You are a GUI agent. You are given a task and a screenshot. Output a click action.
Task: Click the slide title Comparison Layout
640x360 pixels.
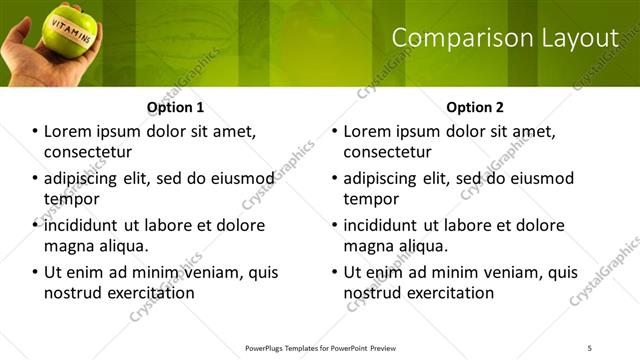pos(504,39)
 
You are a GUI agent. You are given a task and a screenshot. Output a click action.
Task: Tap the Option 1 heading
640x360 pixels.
pos(175,107)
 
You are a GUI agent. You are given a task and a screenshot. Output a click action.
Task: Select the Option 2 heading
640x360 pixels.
pos(475,107)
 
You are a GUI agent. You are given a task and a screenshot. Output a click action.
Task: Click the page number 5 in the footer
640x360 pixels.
pos(590,348)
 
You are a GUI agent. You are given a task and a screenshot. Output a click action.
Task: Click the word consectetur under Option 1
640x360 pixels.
pos(89,152)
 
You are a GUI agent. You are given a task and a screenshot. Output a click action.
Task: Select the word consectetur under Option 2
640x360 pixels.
pos(388,152)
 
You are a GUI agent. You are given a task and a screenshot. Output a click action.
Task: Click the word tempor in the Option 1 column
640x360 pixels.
pos(71,198)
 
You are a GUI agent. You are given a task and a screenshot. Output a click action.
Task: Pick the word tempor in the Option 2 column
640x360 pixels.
pos(371,198)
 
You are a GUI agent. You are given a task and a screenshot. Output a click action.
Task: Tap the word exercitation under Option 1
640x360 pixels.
pos(149,293)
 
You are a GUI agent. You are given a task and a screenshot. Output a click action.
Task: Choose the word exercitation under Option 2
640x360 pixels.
pos(449,293)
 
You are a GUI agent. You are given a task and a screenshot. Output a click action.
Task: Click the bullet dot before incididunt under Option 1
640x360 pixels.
pos(34,226)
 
